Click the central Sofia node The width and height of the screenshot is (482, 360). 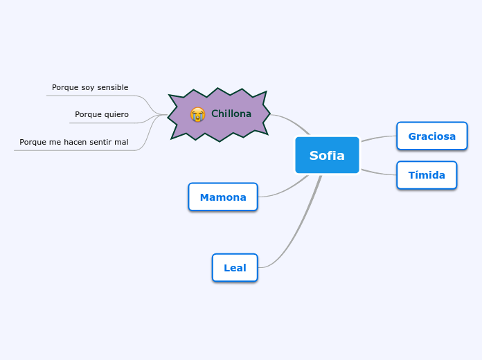click(x=327, y=155)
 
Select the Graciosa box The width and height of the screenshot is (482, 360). click(x=431, y=136)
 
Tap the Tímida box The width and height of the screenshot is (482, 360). click(x=426, y=175)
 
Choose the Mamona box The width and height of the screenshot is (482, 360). click(x=222, y=197)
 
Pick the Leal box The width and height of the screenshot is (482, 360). click(x=235, y=268)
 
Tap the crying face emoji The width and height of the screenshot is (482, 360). click(x=198, y=114)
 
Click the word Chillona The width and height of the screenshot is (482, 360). click(x=231, y=114)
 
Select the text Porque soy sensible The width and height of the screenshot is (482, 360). click(x=90, y=87)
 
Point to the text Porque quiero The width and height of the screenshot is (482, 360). click(x=102, y=114)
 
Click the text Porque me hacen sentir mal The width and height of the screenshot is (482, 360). click(x=74, y=142)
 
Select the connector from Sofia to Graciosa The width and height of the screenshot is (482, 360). click(x=378, y=138)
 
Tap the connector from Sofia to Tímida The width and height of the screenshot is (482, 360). click(x=378, y=172)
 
